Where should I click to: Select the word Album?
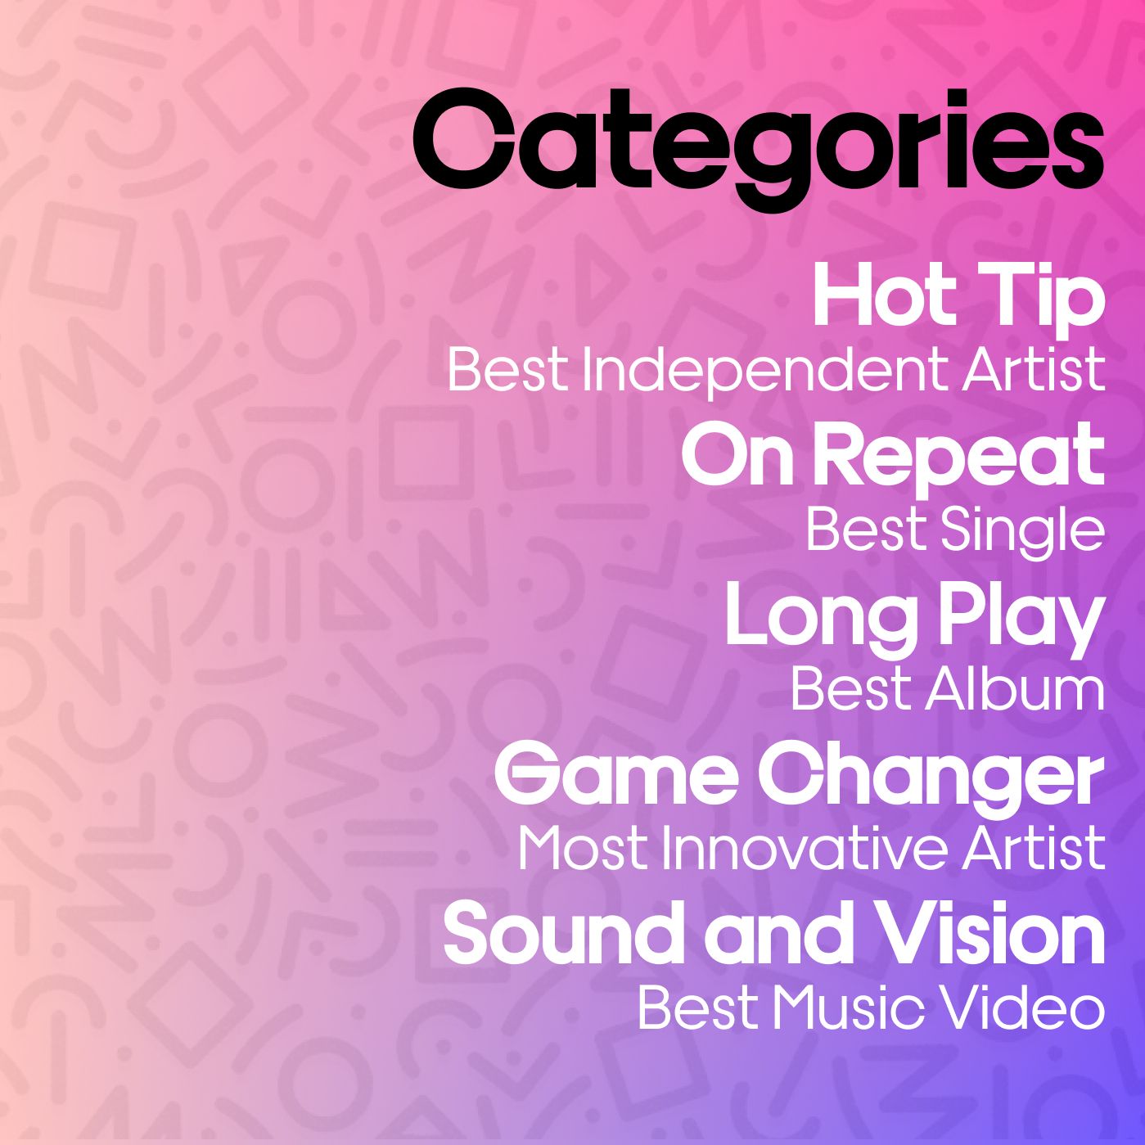(1014, 688)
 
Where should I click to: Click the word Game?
(615, 776)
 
